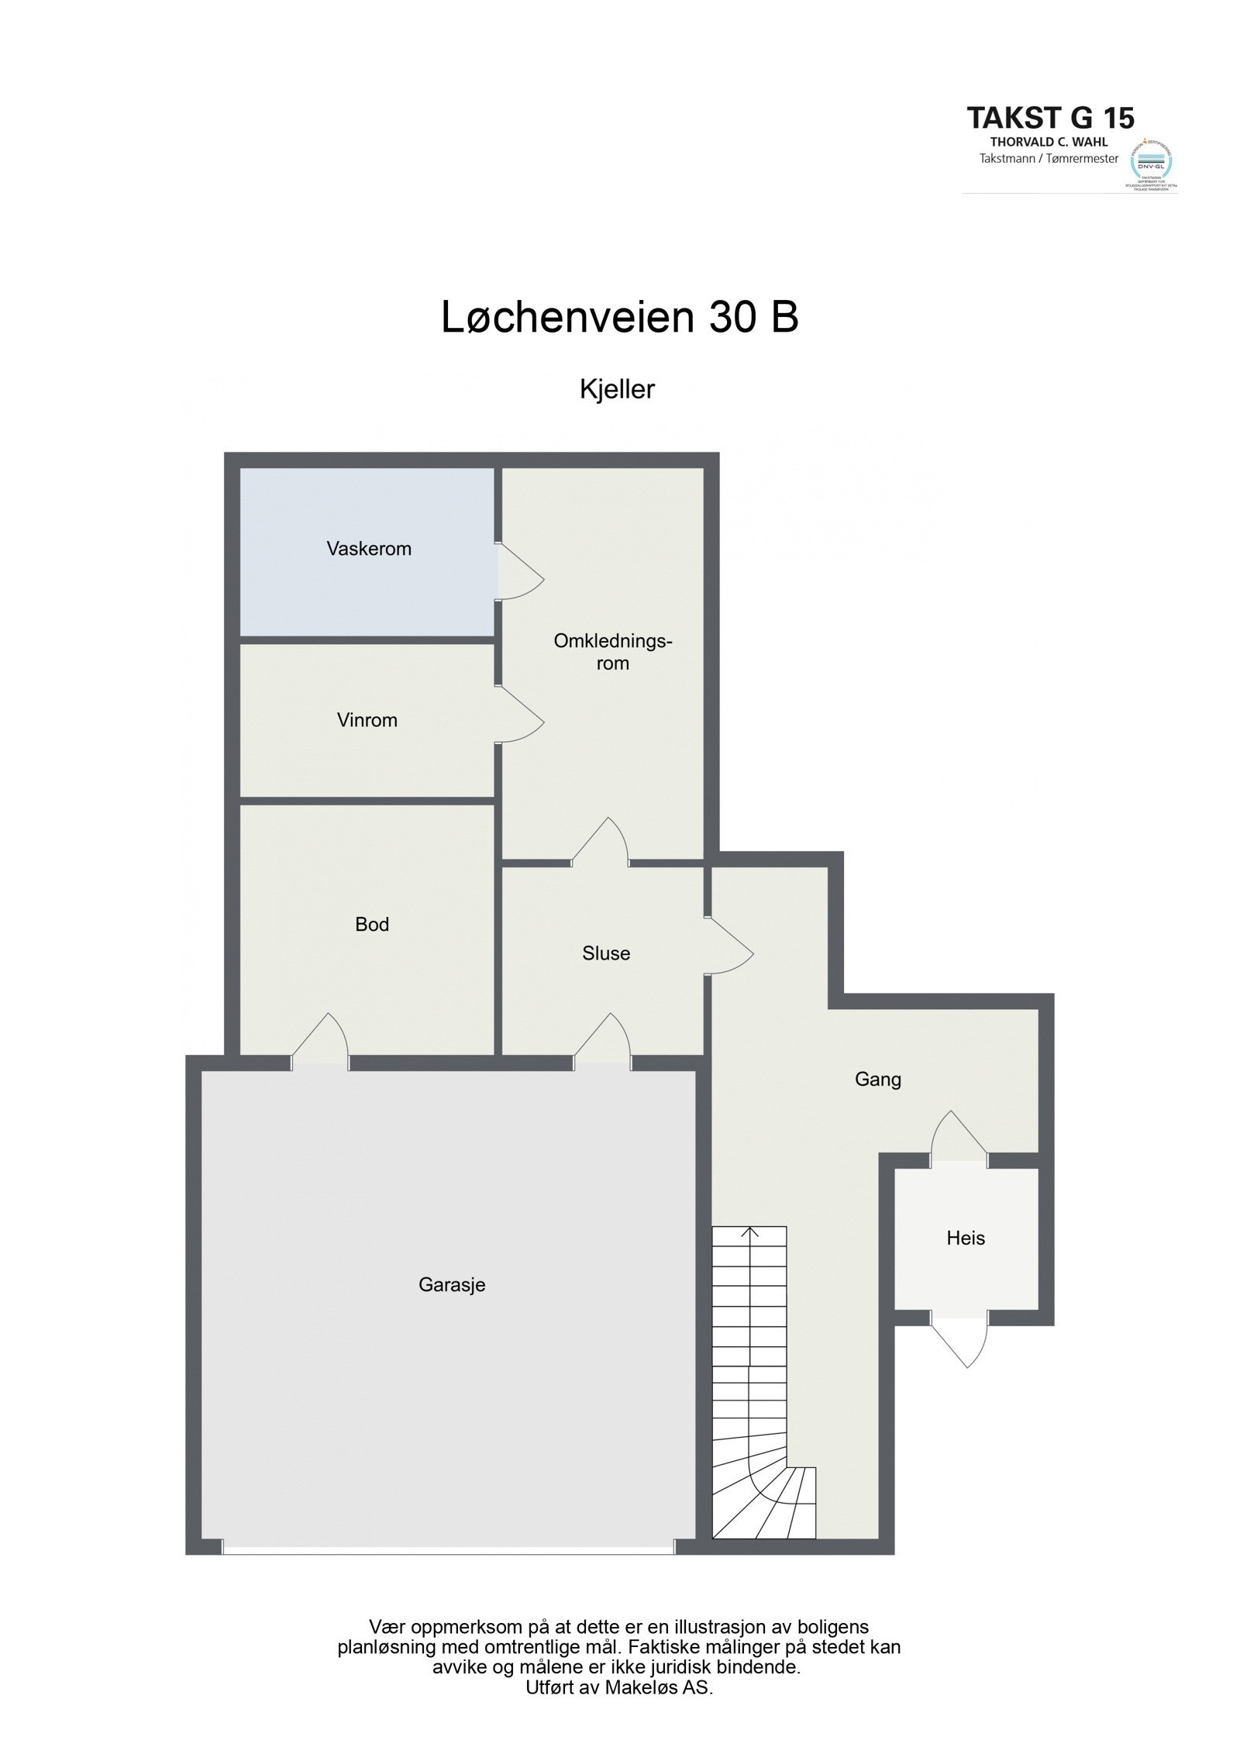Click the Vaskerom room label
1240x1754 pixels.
(x=368, y=549)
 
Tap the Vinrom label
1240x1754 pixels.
(x=367, y=720)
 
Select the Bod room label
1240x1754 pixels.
(x=372, y=924)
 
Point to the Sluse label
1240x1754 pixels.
(x=606, y=953)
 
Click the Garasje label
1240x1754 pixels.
(x=452, y=1284)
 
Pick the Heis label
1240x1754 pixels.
(x=966, y=1238)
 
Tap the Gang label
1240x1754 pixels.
(x=878, y=1079)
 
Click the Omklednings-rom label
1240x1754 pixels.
(x=612, y=652)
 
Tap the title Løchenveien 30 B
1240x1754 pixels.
(x=619, y=317)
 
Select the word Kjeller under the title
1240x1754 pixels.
(x=617, y=389)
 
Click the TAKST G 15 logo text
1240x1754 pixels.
(x=1050, y=118)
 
